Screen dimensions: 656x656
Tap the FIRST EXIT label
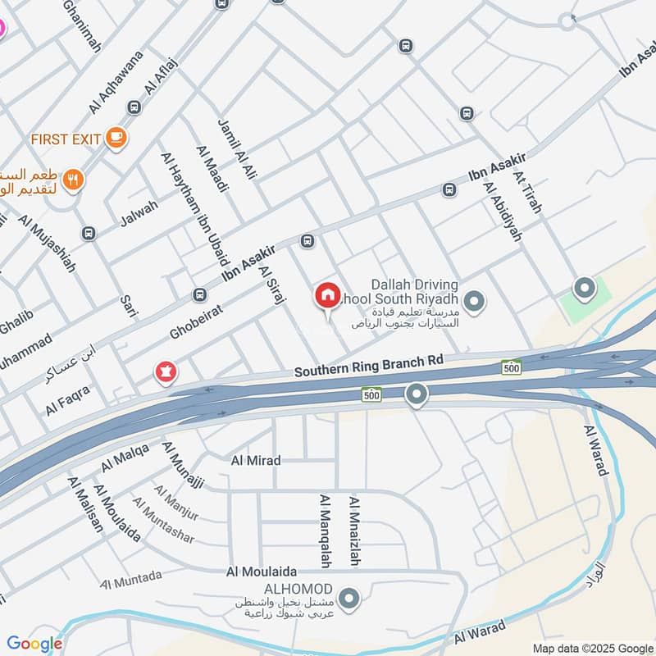[x=66, y=139]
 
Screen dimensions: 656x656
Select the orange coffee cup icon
[x=116, y=138]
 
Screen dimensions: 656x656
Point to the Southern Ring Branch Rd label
[x=369, y=366]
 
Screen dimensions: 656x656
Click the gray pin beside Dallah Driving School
[x=473, y=301]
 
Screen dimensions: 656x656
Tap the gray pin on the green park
[x=584, y=289]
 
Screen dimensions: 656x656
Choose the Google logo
[x=34, y=644]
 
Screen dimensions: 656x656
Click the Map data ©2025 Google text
[x=591, y=647]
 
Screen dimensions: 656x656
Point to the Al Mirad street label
[x=255, y=461]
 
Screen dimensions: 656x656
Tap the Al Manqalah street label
[x=325, y=530]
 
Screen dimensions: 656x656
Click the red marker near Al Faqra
[x=166, y=373]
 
